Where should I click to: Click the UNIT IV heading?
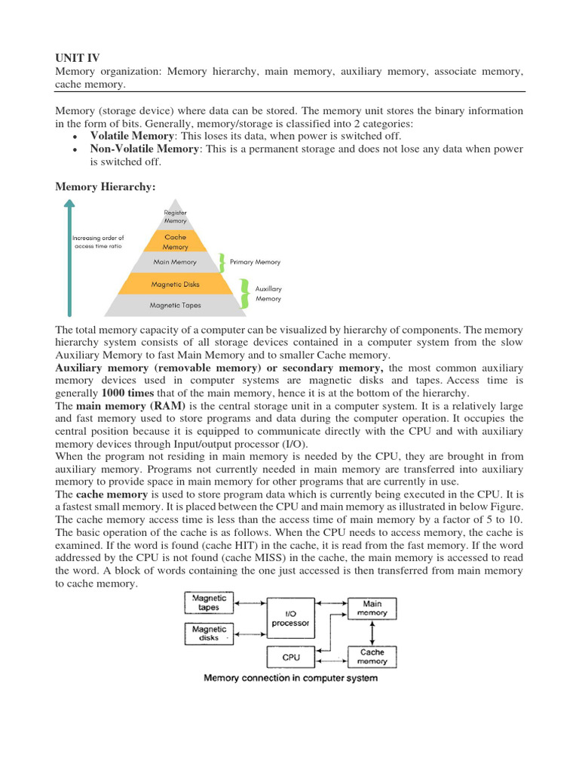click(78, 57)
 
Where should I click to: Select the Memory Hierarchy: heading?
click(106, 186)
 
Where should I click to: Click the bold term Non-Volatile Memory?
click(144, 149)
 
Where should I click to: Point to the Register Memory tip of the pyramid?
click(175, 217)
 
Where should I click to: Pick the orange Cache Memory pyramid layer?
click(175, 242)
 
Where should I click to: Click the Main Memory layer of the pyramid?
click(175, 263)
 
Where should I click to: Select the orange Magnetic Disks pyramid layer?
click(175, 285)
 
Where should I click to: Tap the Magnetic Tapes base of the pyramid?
click(175, 306)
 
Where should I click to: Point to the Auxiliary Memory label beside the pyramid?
click(268, 294)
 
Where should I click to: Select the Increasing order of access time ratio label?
click(97, 242)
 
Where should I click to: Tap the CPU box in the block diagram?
click(290, 658)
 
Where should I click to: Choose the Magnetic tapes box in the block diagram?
click(209, 603)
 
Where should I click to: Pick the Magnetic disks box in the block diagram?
click(209, 633)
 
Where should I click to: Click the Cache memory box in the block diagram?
click(372, 657)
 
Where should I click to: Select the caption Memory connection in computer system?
click(290, 678)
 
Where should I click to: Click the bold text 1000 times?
click(127, 393)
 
